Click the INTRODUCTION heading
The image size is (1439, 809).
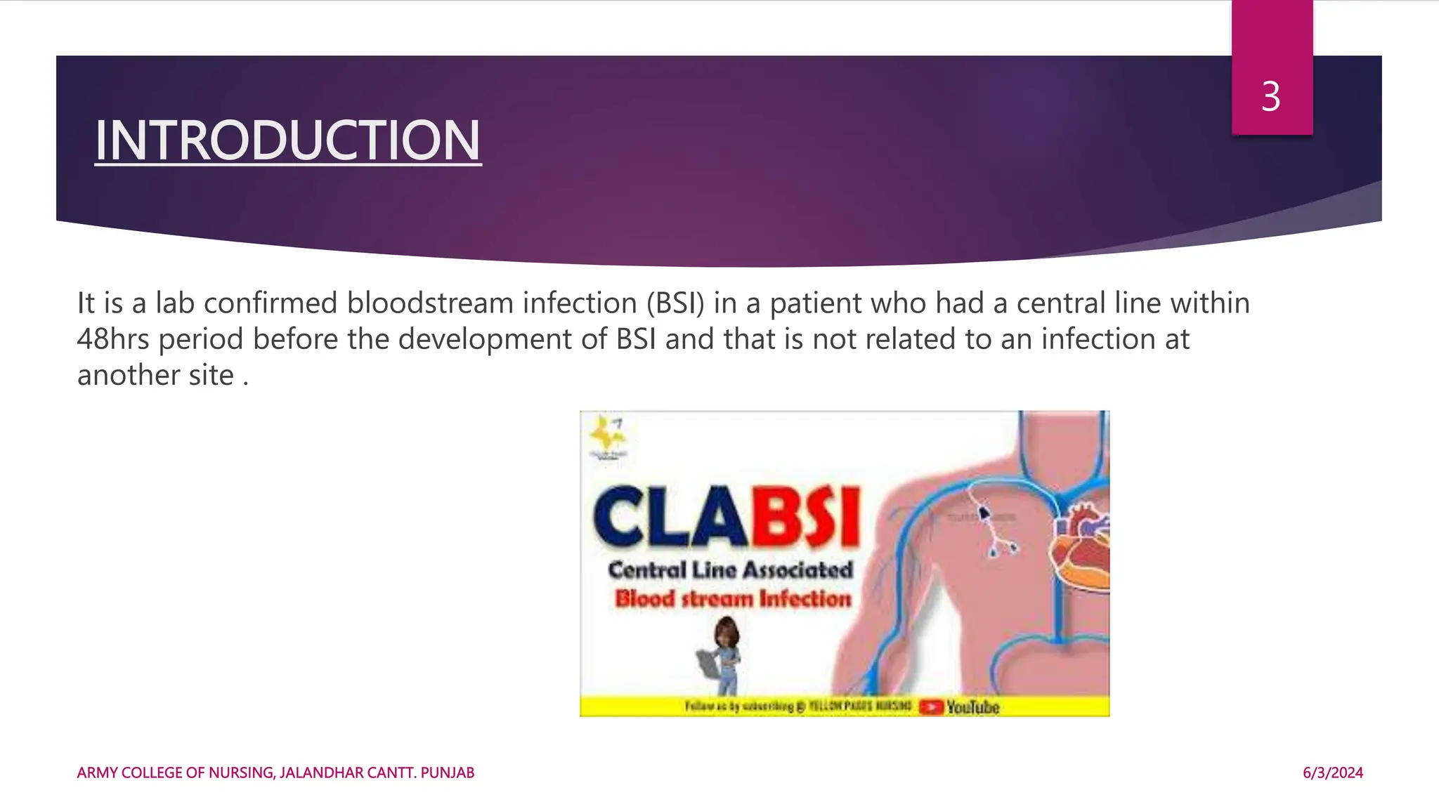click(288, 140)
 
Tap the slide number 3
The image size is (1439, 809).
click(1270, 97)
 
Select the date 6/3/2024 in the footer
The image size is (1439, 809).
click(1332, 772)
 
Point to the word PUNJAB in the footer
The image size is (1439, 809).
click(448, 772)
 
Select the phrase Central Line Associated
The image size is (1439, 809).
click(730, 570)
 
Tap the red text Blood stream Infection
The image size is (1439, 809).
click(733, 599)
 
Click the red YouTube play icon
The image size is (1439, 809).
click(931, 706)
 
